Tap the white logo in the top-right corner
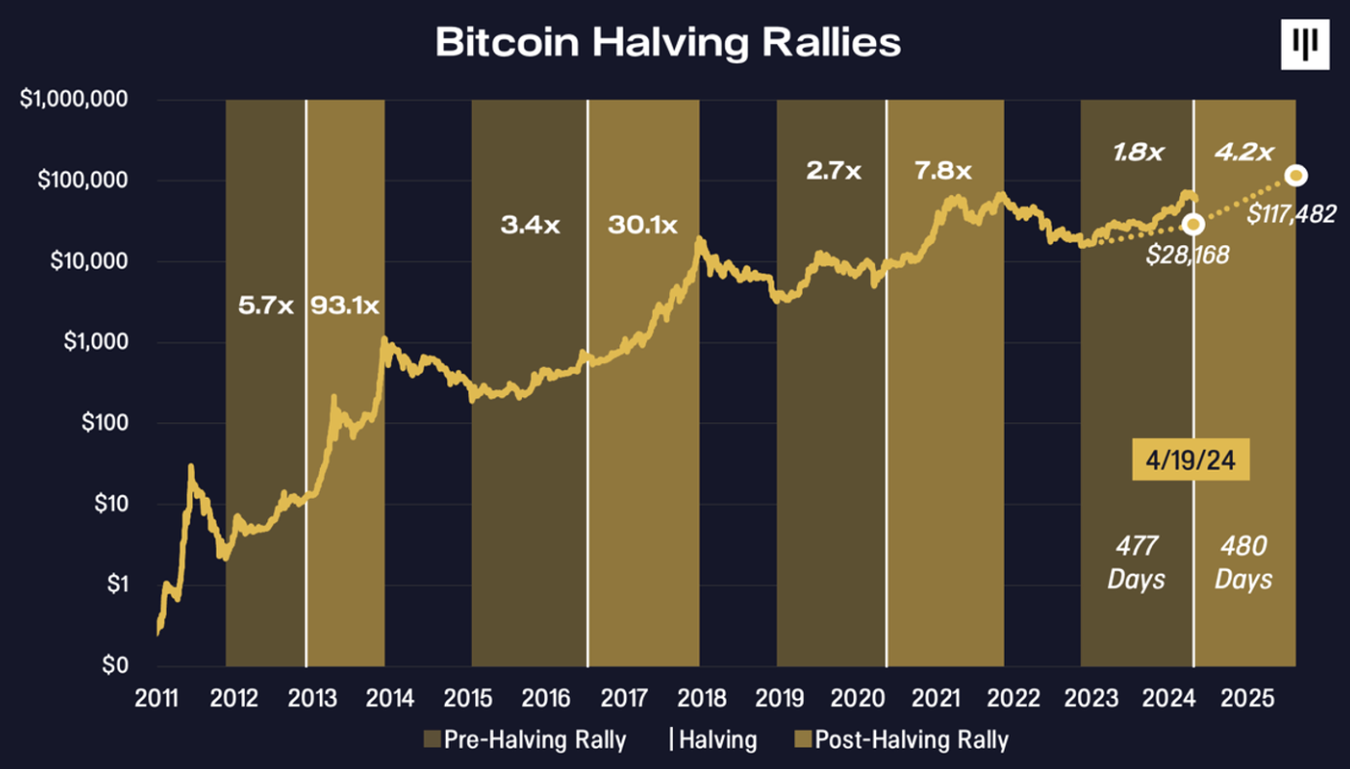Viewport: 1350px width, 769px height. [x=1304, y=45]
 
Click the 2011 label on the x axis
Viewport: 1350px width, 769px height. [x=156, y=699]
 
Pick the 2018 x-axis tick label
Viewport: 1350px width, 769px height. [x=699, y=699]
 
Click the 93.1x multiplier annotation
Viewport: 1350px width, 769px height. [x=345, y=304]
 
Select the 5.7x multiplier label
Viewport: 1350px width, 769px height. [x=266, y=304]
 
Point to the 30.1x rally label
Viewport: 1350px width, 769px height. [x=643, y=225]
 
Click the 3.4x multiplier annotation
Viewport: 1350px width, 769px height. [x=531, y=225]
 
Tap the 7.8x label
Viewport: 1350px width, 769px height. [x=943, y=172]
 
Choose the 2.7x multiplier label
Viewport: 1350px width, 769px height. [x=834, y=172]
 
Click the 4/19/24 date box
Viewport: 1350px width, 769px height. [x=1191, y=460]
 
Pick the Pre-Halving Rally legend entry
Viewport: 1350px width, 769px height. [x=525, y=740]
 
